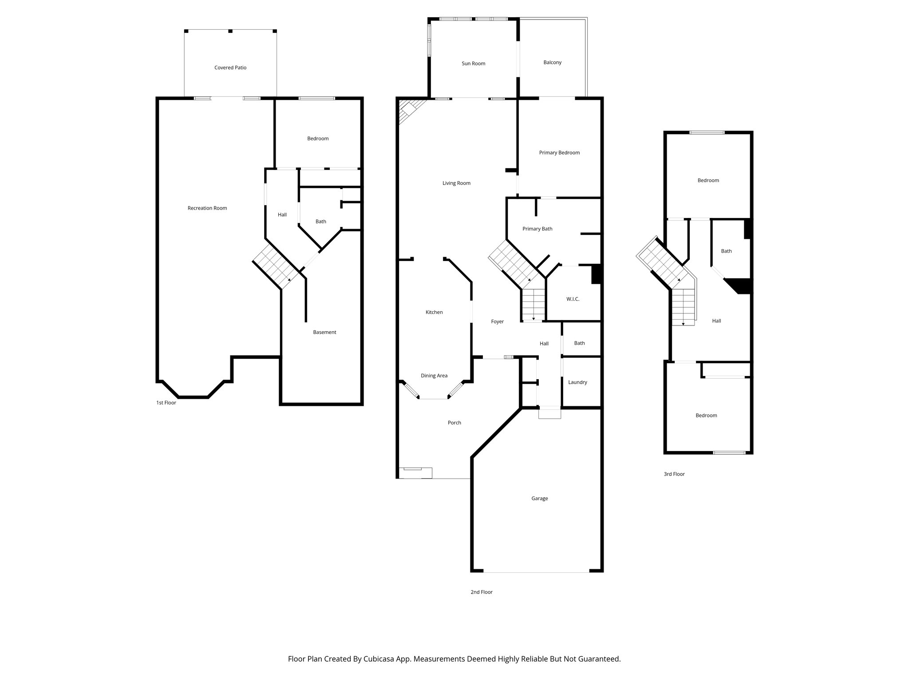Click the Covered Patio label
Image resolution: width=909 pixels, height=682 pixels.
pos(230,68)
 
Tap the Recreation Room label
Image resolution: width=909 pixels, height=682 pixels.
pos(207,208)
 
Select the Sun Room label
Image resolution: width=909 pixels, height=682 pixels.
pos(473,63)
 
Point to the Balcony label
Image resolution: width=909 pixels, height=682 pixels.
pos(552,63)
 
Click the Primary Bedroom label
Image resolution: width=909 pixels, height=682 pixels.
pos(559,153)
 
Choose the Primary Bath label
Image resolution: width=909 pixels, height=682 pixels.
pos(537,229)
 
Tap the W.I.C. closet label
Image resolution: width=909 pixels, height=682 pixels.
pos(573,299)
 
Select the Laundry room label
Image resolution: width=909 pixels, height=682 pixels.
pos(577,382)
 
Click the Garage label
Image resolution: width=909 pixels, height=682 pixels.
pos(539,499)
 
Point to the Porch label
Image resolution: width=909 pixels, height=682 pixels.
pos(454,423)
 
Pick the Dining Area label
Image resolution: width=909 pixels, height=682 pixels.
pos(434,376)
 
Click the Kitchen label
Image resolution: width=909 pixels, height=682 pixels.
pos(434,313)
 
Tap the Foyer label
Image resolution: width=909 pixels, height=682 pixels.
pos(497,322)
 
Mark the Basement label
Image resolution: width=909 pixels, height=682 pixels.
pos(324,333)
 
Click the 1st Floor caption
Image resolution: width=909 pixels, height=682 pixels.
pos(166,403)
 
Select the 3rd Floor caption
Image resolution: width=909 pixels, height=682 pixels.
pos(674,474)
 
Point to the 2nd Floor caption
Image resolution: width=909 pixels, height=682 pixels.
pos(481,592)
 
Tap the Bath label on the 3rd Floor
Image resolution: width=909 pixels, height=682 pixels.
pos(726,251)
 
